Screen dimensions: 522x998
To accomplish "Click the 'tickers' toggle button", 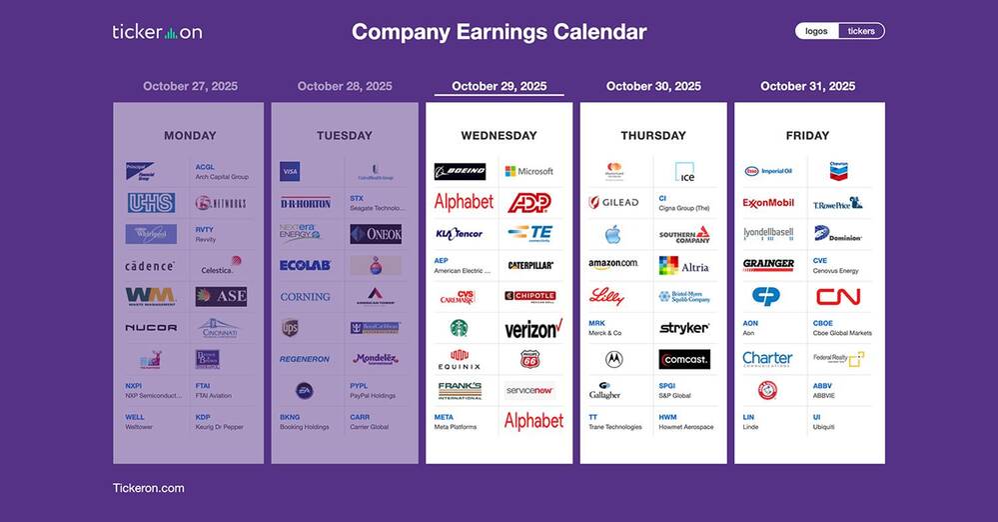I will coord(861,31).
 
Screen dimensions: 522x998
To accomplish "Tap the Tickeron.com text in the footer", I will coord(148,488).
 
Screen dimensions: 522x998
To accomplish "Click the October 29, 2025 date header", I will coord(499,86).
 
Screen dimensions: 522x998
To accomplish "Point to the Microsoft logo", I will coord(528,172).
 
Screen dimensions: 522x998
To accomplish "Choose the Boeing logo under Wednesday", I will coord(460,172).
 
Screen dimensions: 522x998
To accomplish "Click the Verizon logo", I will coord(532,328).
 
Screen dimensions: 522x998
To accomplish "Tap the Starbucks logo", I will coord(460,328).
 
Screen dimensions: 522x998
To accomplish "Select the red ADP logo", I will coord(529,203).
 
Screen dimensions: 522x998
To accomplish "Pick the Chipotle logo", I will coord(529,296).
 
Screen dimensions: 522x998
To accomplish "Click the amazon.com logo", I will coord(613,265).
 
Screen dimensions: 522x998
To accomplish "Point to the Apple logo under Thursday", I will coord(613,234).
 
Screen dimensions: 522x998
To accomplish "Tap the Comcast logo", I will coord(684,358).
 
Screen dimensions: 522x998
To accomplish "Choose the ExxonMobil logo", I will coord(768,203).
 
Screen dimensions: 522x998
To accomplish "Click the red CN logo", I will coord(838,296).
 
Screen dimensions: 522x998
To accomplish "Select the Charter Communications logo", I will coord(768,358).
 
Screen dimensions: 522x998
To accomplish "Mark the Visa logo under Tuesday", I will coord(290,172).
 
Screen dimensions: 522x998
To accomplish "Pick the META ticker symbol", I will coord(444,417).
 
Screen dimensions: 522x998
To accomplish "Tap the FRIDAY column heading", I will coord(808,135).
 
